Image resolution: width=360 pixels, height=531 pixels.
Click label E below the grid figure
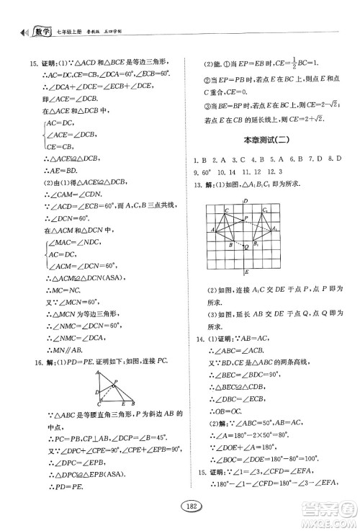click(247, 273)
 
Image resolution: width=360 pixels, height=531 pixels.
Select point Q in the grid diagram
click(247, 246)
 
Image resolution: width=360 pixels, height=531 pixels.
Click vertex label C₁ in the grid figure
click(266, 210)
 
